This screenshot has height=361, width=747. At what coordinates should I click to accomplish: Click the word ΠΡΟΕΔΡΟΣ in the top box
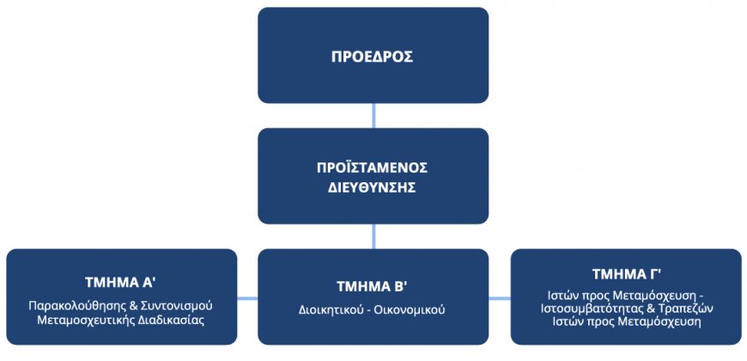373,57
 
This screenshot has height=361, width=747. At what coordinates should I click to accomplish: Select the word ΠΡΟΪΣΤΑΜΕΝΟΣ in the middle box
373,168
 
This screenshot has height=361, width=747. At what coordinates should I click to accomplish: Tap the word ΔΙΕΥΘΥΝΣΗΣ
373,187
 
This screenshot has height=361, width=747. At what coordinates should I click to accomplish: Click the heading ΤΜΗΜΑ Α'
121,282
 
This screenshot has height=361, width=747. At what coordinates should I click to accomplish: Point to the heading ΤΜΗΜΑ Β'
373,286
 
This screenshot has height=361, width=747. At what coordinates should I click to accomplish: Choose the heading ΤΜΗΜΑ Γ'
626,274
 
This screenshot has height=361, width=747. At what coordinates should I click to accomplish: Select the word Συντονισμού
184,306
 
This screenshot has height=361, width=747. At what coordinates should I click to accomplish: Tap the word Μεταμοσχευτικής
75,320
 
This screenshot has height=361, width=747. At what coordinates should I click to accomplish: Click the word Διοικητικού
327,310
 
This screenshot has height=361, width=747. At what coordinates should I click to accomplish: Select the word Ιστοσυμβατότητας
582,308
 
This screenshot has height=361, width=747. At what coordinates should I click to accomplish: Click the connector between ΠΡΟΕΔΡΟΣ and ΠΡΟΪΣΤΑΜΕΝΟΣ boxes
373,115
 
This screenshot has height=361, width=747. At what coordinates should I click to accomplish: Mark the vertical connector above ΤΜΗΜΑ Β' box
373,236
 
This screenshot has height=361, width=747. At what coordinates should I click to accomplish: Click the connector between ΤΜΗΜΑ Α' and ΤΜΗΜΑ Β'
248,298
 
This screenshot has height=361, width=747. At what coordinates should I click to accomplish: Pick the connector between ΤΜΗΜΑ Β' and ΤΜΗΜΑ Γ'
500,298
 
